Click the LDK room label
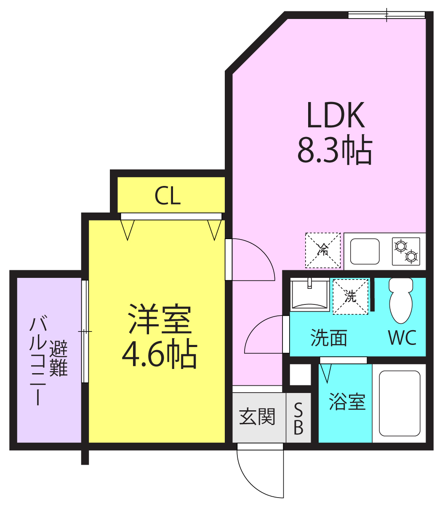(x=335, y=115)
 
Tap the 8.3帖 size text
(x=335, y=150)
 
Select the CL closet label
(x=168, y=196)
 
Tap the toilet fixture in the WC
(x=401, y=301)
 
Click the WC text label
(x=402, y=338)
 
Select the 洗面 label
(x=329, y=338)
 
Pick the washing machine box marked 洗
(x=350, y=296)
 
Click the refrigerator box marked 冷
(x=323, y=250)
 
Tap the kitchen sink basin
(x=365, y=251)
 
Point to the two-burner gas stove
(x=406, y=251)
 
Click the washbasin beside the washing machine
(x=310, y=295)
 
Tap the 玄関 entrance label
(x=257, y=416)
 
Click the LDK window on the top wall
(x=386, y=15)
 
